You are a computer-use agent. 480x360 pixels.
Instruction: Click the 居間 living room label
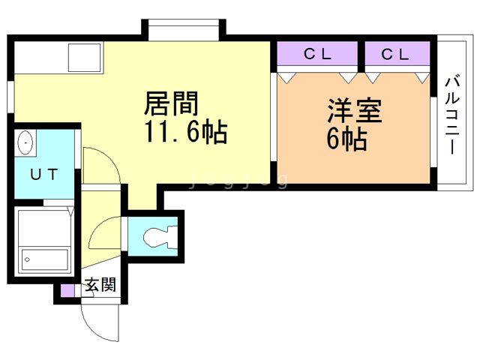pyautogui.click(x=172, y=103)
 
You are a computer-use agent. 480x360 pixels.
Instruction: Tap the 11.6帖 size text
pyautogui.click(x=186, y=132)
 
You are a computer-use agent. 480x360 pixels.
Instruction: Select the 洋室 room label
pyautogui.click(x=355, y=110)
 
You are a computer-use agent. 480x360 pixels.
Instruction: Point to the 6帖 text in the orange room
pyautogui.click(x=346, y=139)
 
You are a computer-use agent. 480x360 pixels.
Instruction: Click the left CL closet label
pyautogui.click(x=317, y=54)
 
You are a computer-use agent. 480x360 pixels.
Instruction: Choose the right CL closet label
pyautogui.click(x=395, y=55)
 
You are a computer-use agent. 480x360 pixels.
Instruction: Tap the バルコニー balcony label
pyautogui.click(x=452, y=115)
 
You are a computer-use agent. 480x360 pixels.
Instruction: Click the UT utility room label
pyautogui.click(x=44, y=175)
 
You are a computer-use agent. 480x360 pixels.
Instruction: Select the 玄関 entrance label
pyautogui.click(x=100, y=285)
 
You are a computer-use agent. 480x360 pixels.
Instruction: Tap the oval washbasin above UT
pyautogui.click(x=25, y=142)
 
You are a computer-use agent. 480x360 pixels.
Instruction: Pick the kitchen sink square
pyautogui.click(x=85, y=58)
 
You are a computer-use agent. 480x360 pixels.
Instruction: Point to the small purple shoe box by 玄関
pyautogui.click(x=67, y=291)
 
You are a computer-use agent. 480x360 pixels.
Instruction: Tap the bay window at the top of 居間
pyautogui.click(x=184, y=30)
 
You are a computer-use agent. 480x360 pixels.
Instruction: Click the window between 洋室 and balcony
pyautogui.click(x=433, y=132)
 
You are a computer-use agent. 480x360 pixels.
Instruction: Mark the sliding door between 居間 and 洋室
pyautogui.click(x=274, y=116)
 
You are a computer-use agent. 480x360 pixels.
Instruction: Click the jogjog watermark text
pyautogui.click(x=239, y=180)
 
